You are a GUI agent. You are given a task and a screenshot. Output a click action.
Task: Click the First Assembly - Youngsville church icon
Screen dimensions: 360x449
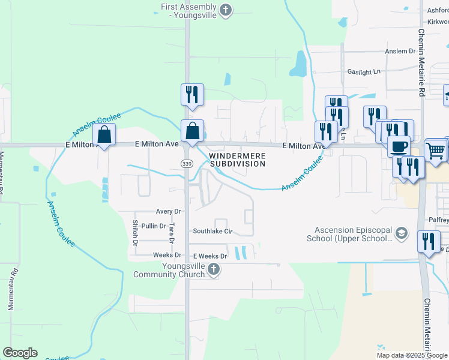tap(226, 9)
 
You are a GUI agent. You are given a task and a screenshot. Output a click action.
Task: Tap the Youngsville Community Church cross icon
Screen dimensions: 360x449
tap(213, 271)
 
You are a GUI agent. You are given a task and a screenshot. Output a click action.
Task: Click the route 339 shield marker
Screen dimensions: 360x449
tap(187, 163)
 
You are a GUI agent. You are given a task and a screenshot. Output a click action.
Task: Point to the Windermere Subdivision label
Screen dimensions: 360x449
tap(237, 159)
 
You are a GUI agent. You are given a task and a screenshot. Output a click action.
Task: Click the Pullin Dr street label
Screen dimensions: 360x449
tap(154, 226)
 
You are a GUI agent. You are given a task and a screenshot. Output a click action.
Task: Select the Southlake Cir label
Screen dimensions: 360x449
tap(212, 231)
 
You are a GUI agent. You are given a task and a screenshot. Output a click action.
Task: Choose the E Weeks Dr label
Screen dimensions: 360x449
tap(206, 256)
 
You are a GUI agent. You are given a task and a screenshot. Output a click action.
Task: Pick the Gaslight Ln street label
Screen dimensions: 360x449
tap(364, 71)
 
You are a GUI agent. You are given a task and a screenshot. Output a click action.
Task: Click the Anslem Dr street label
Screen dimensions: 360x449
tap(400, 51)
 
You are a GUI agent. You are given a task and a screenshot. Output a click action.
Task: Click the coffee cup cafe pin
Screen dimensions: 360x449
tap(399, 145)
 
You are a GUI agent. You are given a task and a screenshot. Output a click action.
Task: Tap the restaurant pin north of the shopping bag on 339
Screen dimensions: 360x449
tap(192, 94)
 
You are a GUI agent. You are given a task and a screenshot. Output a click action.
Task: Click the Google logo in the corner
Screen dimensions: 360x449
tap(20, 353)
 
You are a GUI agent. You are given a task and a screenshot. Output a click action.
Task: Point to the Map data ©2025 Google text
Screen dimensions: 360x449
tap(411, 355)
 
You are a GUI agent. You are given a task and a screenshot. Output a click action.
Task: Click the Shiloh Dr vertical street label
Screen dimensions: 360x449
tap(134, 233)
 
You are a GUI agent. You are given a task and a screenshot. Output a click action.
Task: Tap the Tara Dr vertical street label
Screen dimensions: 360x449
tap(172, 233)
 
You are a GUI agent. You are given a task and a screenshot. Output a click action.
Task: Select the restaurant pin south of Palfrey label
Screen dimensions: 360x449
tap(428, 241)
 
